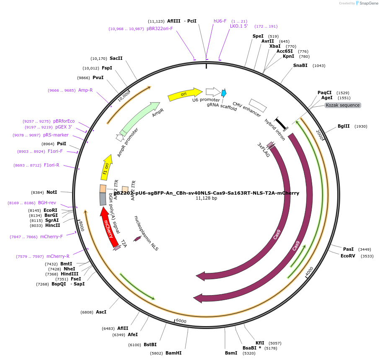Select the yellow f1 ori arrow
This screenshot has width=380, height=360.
[107, 167]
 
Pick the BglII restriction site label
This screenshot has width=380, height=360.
[344, 126]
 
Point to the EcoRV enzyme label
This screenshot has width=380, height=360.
[348, 256]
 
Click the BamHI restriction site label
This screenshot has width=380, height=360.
[173, 353]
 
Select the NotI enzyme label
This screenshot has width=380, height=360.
[52, 192]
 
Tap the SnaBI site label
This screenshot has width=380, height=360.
[300, 65]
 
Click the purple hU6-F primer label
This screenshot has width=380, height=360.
[220, 21]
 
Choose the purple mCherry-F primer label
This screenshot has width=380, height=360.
[51, 237]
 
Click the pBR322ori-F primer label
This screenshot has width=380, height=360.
[160, 28]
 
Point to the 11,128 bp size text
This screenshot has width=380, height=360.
[206, 198]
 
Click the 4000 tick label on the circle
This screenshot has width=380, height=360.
[309, 271]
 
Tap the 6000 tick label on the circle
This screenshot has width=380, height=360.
[181, 321]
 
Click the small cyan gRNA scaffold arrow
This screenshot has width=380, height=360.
[224, 93]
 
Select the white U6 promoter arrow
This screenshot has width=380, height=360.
[213, 92]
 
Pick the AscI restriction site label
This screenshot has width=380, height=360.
[101, 312]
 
